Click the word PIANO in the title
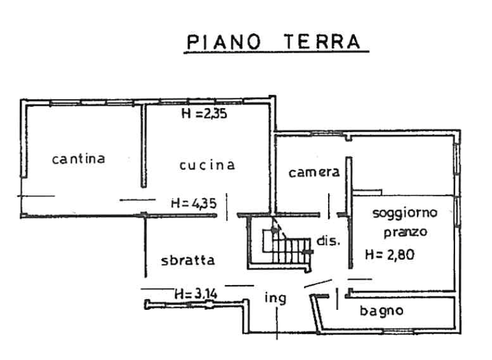pyautogui.click(x=224, y=42)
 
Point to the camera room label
pyautogui.click(x=312, y=173)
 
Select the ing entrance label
pyautogui.click(x=276, y=298)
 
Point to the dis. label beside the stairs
pyautogui.click(x=326, y=240)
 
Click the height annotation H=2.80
pyautogui.click(x=390, y=256)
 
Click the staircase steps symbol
pyautogui.click(x=284, y=245)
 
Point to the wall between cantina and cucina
pyautogui.click(x=143, y=145)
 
